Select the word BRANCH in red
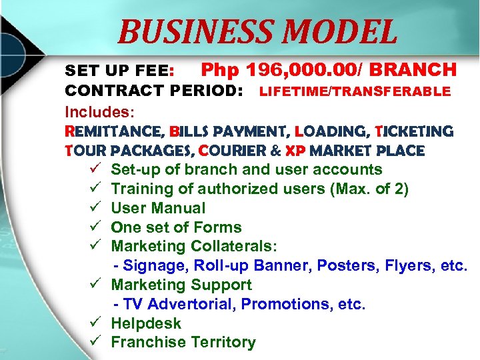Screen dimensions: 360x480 (x=413, y=69)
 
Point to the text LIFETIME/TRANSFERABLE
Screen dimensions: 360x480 (x=355, y=91)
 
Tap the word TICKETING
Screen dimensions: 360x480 (x=413, y=131)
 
